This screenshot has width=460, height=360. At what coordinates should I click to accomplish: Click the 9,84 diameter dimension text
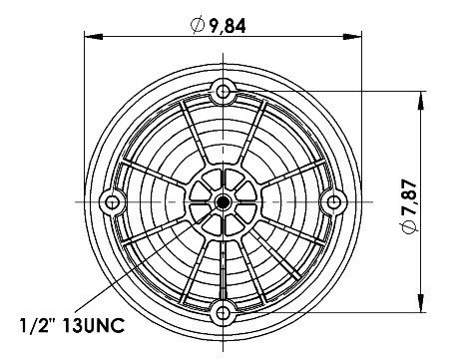click(228, 26)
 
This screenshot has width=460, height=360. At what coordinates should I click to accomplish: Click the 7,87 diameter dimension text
click(409, 197)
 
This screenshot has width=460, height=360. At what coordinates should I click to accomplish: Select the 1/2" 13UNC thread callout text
click(73, 325)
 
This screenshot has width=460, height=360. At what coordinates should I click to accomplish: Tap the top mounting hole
click(223, 91)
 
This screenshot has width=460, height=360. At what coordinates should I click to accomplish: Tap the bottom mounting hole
click(223, 312)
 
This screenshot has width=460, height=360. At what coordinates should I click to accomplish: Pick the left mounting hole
click(112, 201)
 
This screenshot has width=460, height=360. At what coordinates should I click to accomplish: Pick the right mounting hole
click(333, 201)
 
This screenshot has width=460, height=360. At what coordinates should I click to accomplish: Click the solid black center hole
click(223, 201)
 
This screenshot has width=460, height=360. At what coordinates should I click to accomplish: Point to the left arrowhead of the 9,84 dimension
click(93, 37)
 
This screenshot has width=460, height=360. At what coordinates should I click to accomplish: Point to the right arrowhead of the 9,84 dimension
click(352, 37)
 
